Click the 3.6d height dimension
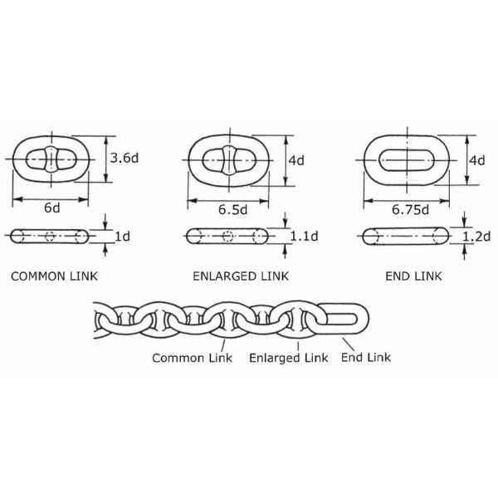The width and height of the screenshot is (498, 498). coord(124,156)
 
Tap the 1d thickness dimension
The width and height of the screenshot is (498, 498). coord(122,237)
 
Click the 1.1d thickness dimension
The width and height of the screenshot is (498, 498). coord(305,237)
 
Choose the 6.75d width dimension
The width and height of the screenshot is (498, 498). coord(409,209)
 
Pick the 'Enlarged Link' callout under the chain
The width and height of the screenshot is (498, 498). coord(288,359)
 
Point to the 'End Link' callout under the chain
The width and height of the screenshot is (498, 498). coord(366,359)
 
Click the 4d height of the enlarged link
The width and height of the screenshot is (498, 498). coord(296,160)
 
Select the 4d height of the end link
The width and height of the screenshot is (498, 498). coord(476,160)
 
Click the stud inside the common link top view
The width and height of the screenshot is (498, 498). coord(51,158)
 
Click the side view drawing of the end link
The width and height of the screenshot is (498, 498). coord(405,237)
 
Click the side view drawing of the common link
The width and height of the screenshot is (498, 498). coord(51,236)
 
